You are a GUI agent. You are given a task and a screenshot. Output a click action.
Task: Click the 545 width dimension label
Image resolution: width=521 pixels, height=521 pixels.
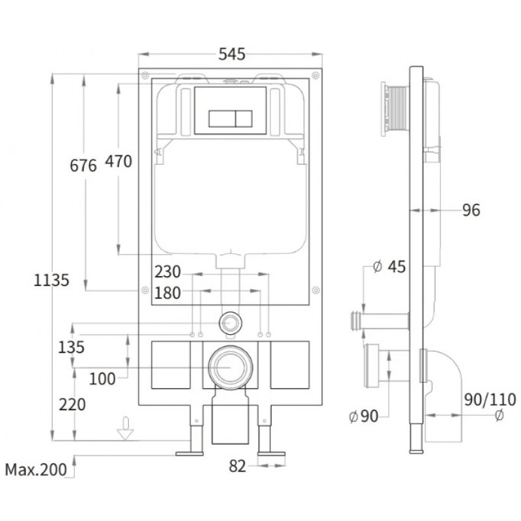232,54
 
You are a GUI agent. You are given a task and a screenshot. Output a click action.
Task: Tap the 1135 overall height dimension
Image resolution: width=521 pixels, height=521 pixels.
51,280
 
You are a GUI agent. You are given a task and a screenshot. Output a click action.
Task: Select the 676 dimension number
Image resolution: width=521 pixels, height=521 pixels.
83,165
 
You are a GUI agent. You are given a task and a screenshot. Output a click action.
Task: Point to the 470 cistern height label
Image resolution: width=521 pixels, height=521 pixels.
119,162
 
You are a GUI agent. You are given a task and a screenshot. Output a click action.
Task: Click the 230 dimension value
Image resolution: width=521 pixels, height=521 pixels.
168,272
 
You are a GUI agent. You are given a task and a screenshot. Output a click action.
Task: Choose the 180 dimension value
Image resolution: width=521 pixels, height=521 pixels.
168,293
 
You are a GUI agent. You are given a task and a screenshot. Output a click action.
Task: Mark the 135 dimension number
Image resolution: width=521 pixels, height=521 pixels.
71,348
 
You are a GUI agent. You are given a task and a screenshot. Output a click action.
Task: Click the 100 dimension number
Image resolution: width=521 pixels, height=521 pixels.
102,379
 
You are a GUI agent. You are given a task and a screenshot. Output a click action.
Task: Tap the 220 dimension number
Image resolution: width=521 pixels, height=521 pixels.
72,404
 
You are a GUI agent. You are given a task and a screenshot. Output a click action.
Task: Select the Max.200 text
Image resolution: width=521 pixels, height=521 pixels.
36,470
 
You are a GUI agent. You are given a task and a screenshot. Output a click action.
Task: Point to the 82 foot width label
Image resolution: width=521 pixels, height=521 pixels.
237,466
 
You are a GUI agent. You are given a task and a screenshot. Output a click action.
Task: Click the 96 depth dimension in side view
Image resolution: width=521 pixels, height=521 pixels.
471,210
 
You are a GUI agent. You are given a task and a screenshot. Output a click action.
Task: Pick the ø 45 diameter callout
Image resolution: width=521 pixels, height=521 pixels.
389,266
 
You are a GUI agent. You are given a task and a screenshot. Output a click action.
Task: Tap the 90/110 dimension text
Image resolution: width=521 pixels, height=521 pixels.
490,400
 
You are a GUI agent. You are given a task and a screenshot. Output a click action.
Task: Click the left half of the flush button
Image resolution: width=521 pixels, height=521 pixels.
222,119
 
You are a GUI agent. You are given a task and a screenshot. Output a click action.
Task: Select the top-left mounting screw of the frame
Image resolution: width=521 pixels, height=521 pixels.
145,76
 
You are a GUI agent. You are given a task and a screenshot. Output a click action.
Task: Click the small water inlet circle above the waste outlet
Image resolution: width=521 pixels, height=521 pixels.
231,322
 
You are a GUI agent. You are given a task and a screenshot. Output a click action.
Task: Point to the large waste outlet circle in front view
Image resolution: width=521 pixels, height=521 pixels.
231,367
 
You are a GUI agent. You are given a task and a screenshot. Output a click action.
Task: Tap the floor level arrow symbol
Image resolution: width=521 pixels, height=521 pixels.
125,429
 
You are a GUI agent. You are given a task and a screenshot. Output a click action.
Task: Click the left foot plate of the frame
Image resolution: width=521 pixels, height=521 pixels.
190,453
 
